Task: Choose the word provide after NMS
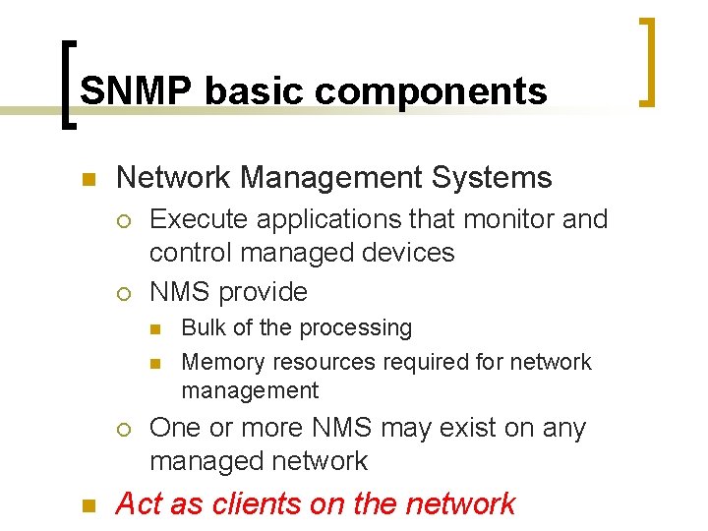pyautogui.click(x=263, y=292)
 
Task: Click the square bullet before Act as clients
pyautogui.click(x=88, y=506)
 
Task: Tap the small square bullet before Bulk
pyautogui.click(x=154, y=328)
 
